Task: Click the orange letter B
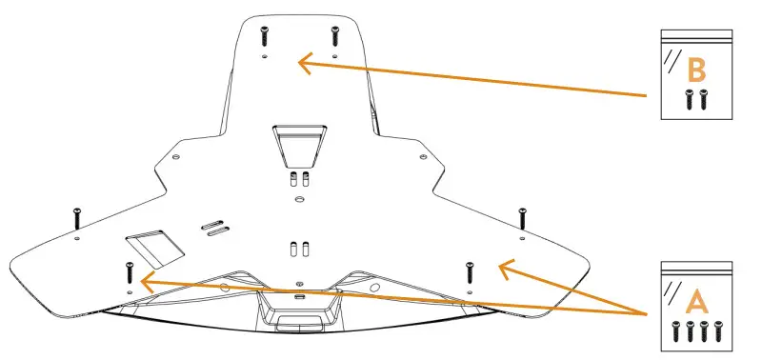[696, 70]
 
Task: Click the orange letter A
[697, 302]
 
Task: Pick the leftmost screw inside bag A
[675, 331]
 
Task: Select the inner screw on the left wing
[128, 271]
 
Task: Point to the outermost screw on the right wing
[522, 216]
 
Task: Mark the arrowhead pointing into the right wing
[506, 267]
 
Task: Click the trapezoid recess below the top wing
[298, 144]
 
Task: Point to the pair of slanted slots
[214, 226]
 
